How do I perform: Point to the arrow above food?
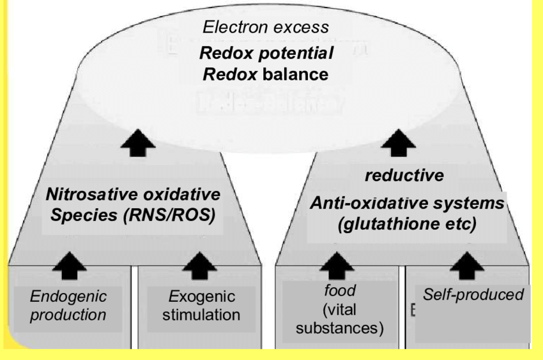(339, 260)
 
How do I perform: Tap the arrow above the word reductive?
(390, 142)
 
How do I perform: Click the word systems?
(473, 204)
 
